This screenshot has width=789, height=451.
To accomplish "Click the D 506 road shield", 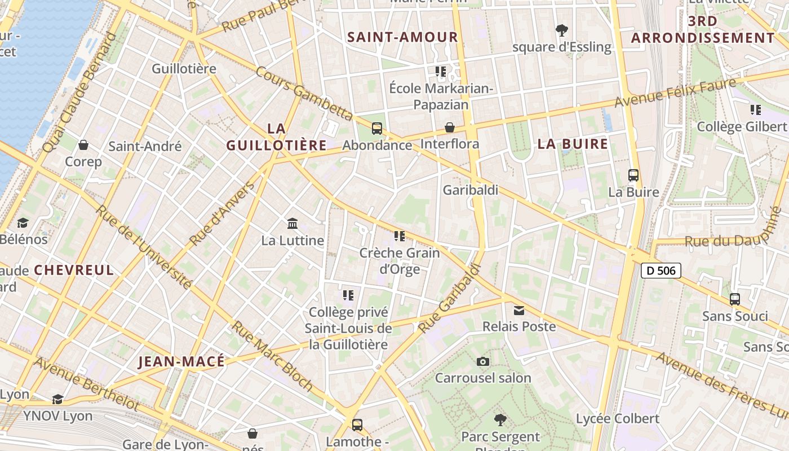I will coord(661,271).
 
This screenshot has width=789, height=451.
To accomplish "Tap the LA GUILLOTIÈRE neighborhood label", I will coord(276,137).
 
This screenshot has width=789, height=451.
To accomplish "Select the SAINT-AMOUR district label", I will coord(402,37).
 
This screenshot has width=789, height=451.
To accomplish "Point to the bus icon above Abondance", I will coord(377,128).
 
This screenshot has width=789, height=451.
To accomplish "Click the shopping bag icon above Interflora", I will coord(450,127).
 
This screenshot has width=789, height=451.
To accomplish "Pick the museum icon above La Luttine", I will coord(292,224).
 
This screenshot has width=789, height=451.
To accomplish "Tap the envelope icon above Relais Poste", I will coord(519,310).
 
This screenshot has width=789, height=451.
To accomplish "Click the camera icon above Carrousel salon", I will coord(483,361).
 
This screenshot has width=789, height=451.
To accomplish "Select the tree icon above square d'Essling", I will coord(561,30).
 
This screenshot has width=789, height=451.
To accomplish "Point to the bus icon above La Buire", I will coord(633,175).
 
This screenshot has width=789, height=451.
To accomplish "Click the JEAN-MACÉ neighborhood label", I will coord(181,361).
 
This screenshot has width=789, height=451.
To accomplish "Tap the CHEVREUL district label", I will coord(74,269).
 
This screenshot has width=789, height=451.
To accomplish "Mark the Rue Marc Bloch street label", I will coord(273,356).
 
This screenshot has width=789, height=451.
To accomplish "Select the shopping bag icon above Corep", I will coord(83,145).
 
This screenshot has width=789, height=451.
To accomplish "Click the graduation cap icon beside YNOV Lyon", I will coord(57,400).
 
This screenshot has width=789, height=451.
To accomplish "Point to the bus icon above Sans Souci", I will coord(735,299).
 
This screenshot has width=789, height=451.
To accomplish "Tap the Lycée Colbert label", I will coord(617,418).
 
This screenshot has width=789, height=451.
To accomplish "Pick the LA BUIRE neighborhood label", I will coord(573,144).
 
